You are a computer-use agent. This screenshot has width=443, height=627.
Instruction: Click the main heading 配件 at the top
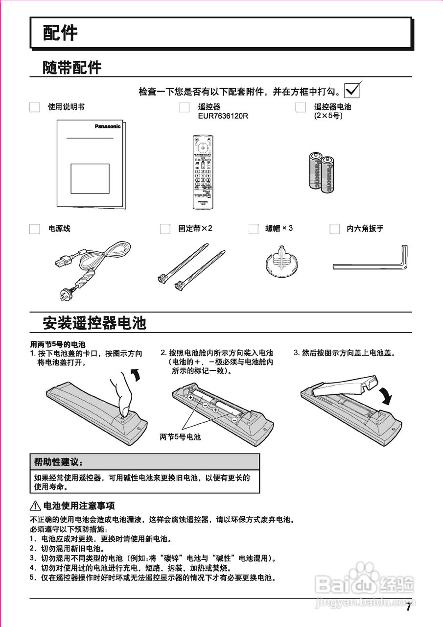[60, 33]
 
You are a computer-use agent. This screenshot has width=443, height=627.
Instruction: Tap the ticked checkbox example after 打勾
[352, 90]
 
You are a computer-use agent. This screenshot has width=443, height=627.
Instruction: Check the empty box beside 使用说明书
[34, 107]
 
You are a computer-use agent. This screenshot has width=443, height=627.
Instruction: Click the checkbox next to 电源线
[34, 229]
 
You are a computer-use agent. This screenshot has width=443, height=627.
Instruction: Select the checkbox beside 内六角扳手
[334, 229]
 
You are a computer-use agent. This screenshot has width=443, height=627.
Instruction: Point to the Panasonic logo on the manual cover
[107, 126]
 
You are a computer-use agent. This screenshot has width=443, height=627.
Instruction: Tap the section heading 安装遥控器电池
[94, 324]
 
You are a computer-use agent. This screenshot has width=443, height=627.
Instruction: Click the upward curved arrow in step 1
[139, 375]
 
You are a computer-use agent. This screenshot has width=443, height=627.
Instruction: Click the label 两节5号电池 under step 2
[180, 436]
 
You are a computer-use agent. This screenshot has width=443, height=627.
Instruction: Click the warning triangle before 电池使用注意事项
[35, 506]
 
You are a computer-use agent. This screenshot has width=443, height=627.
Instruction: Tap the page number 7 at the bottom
[408, 608]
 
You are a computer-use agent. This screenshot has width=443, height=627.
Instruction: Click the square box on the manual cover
[90, 178]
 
